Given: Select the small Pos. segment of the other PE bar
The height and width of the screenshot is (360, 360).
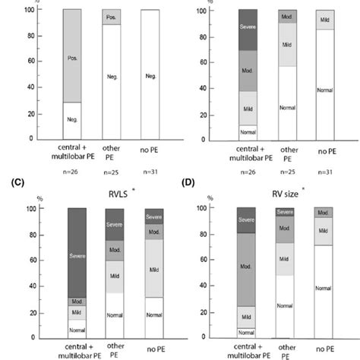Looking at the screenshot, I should pyautogui.click(x=90, y=17).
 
